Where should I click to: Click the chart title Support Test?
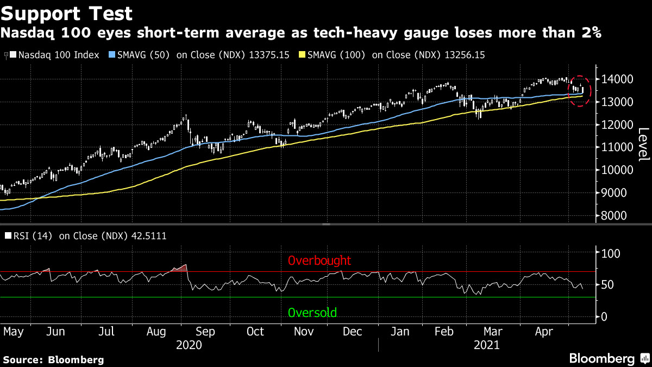point(66,12)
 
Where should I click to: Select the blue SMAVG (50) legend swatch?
point(112,55)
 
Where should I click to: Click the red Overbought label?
point(319,260)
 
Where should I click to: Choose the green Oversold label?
point(312,313)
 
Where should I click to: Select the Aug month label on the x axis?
point(157,332)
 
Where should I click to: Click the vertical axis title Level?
point(643,144)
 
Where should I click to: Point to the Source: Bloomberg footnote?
point(53,359)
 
